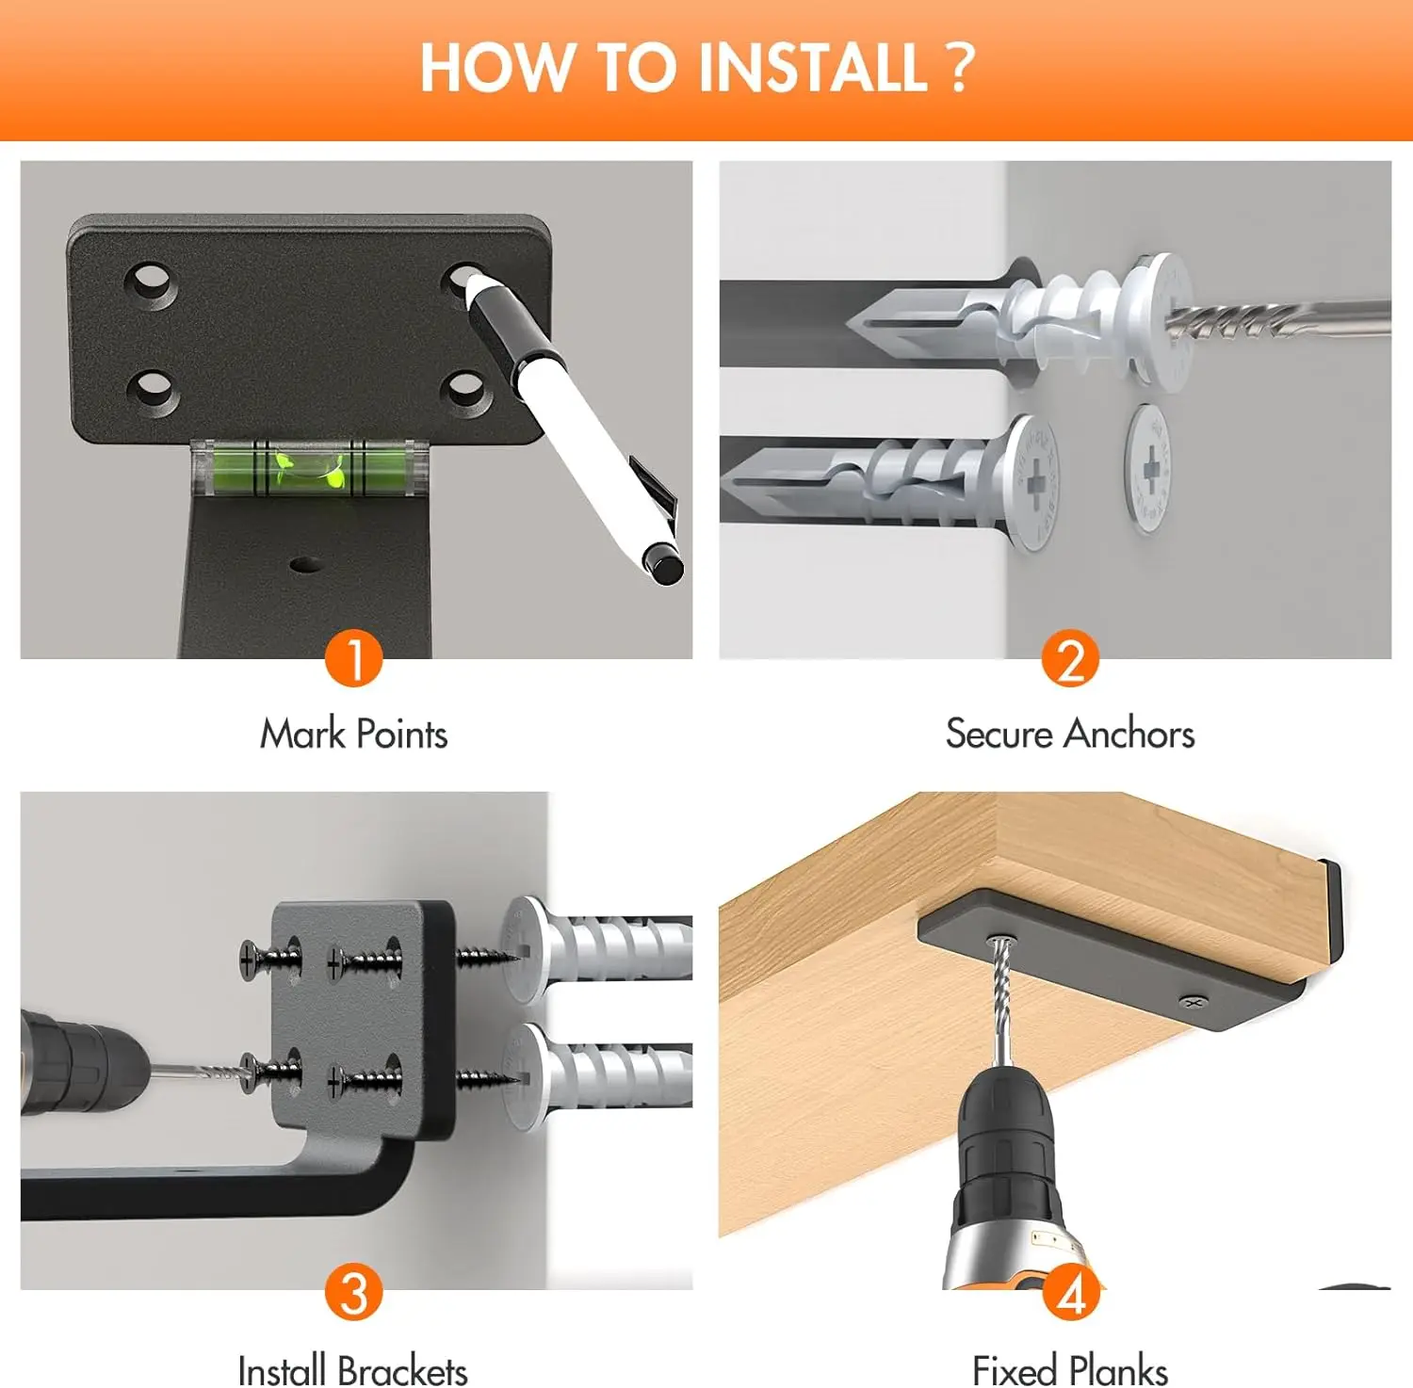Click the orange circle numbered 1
(354, 658)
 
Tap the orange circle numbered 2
(1070, 658)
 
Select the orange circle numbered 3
(354, 1292)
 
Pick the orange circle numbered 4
(1071, 1292)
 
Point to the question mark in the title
(959, 68)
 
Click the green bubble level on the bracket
(310, 467)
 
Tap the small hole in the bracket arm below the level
(304, 565)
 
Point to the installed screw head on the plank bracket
(1193, 1002)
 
